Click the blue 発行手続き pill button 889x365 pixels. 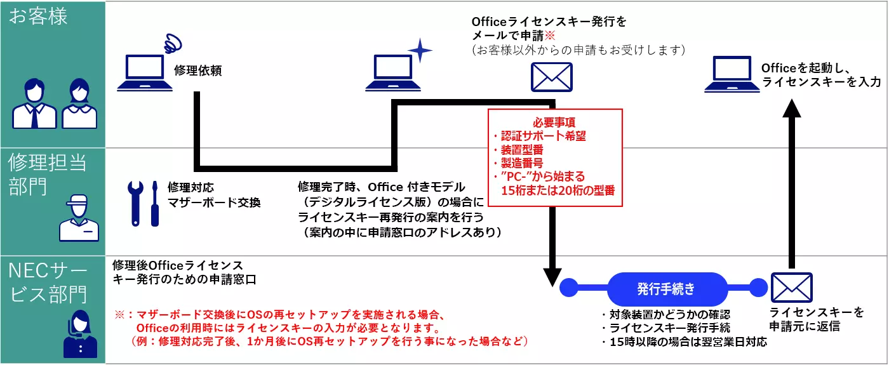click(x=666, y=289)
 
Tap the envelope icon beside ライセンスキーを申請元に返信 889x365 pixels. click(x=791, y=288)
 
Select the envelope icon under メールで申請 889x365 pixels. click(x=551, y=77)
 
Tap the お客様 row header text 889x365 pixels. click(x=38, y=17)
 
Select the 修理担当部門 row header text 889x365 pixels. click(x=48, y=175)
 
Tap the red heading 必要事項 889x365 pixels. click(x=554, y=122)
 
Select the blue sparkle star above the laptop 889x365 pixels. click(x=419, y=50)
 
